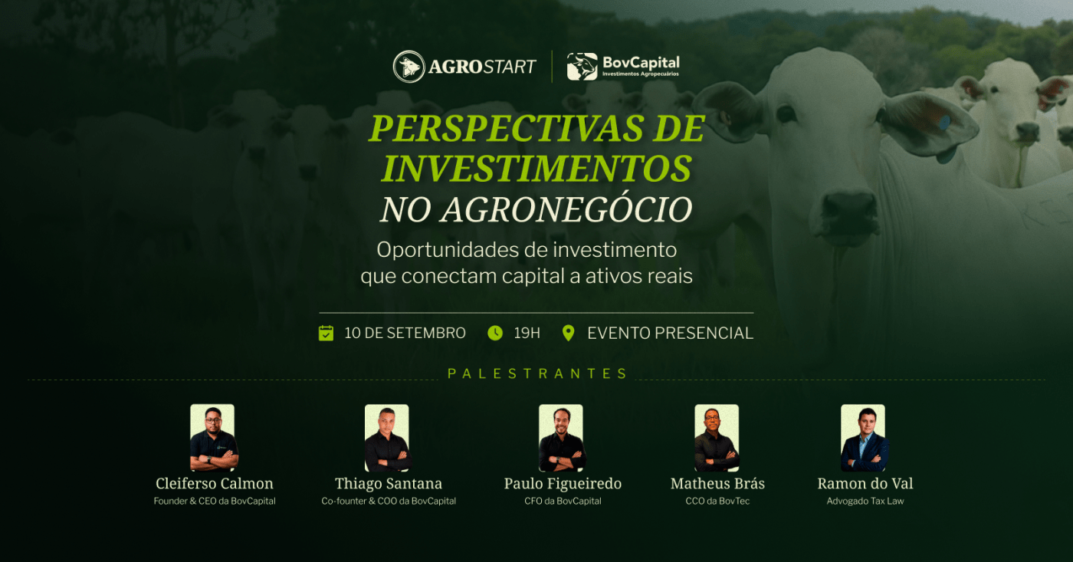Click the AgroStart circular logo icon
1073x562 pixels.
click(409, 67)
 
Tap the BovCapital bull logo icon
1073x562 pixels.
click(582, 67)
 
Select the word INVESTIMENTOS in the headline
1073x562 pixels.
click(536, 168)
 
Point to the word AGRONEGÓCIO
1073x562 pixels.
click(566, 209)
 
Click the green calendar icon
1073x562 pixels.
click(326, 333)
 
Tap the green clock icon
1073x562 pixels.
click(495, 333)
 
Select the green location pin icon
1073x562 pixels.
click(568, 333)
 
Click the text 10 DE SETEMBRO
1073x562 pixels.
click(405, 333)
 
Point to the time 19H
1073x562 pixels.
click(527, 333)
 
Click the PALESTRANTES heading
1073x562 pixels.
click(537, 373)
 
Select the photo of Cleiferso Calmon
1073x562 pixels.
click(213, 438)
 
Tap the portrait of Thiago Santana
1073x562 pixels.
click(387, 438)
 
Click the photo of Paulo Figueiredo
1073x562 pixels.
click(561, 438)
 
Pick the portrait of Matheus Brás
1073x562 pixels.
click(717, 438)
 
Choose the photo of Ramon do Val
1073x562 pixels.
click(864, 438)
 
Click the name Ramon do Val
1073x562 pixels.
click(865, 484)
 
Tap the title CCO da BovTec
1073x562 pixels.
click(717, 501)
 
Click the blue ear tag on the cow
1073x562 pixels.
click(943, 123)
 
